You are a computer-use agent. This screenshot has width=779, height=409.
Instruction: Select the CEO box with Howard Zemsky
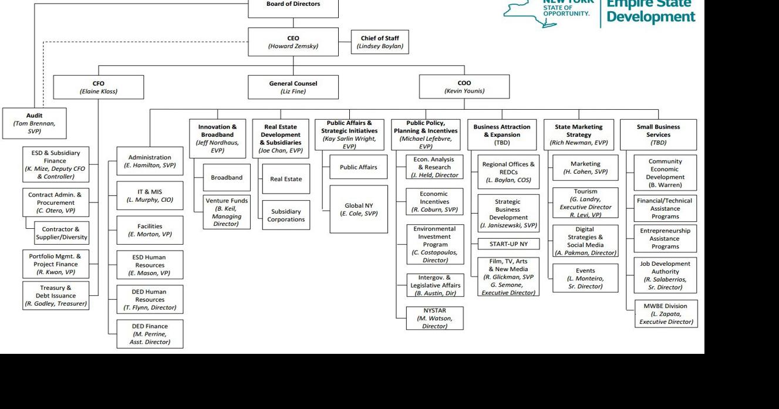(293, 42)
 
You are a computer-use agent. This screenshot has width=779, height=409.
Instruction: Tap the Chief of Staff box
(379, 42)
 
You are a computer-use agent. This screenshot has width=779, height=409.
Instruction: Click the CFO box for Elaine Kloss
(98, 87)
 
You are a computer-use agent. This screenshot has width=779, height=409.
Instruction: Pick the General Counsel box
(293, 87)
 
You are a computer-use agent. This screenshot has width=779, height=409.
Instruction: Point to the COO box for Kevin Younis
(464, 87)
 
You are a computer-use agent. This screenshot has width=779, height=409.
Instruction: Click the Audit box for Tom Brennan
(34, 123)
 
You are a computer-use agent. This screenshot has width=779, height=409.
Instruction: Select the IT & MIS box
(150, 196)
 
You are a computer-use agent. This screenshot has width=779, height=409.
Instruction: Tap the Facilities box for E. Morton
(150, 230)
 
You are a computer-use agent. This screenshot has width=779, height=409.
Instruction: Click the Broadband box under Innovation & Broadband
(227, 178)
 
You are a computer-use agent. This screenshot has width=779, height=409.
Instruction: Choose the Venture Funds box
(227, 212)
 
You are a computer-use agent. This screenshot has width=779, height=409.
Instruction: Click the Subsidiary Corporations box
(286, 215)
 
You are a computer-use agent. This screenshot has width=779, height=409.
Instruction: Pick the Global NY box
(359, 209)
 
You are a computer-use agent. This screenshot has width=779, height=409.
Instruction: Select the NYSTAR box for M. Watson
(434, 318)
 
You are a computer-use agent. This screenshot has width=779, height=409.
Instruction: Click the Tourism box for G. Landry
(585, 203)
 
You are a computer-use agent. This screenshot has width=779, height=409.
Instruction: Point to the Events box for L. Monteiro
(585, 278)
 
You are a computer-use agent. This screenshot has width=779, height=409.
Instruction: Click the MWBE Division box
(666, 314)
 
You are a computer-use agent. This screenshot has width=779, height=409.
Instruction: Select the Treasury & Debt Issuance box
(56, 296)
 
